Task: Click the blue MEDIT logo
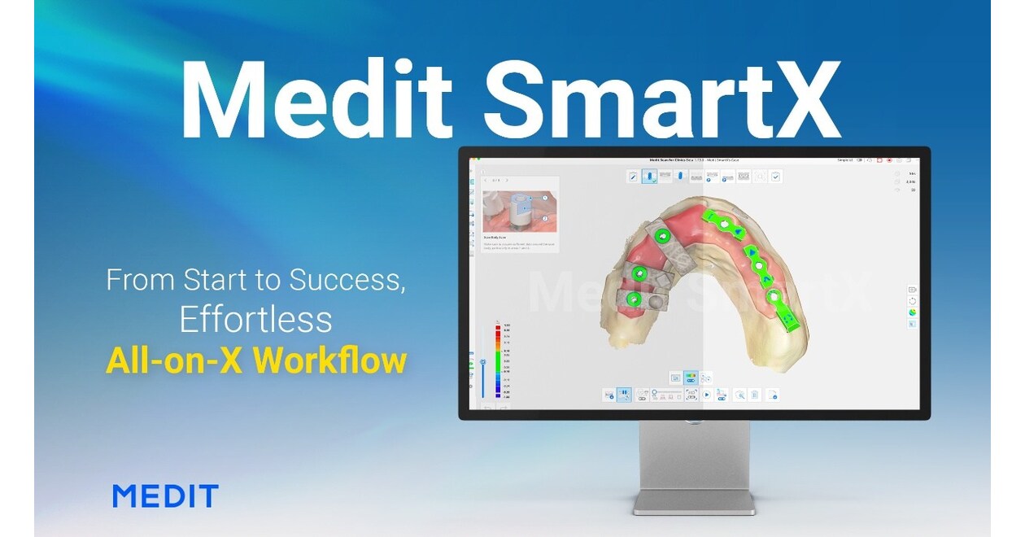click(x=165, y=496)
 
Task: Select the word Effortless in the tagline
click(x=255, y=320)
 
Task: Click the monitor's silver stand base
click(x=694, y=504)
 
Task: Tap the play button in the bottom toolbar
click(x=707, y=395)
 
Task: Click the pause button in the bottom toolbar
click(x=624, y=395)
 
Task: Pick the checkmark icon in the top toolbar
click(x=775, y=176)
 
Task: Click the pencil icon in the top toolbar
click(x=633, y=176)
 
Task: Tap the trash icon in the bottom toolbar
click(x=756, y=395)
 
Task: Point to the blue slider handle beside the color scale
click(x=483, y=361)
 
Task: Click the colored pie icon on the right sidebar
click(x=912, y=312)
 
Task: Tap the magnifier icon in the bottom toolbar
click(x=740, y=395)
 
